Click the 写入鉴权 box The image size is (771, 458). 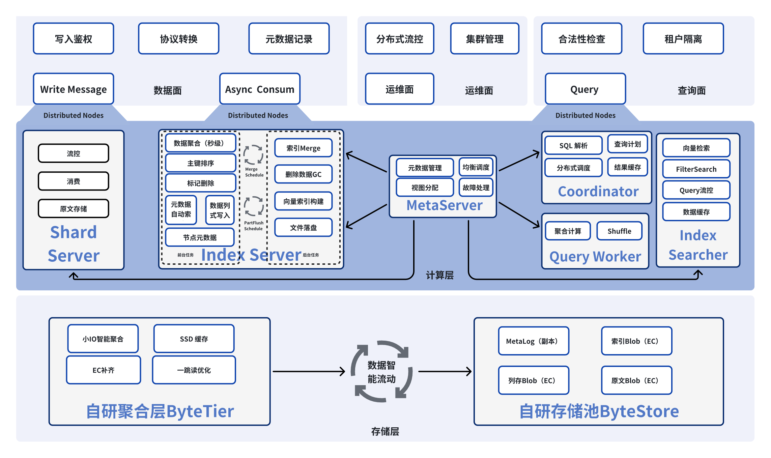point(74,39)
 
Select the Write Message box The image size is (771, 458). point(74,89)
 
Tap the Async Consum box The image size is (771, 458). point(260,89)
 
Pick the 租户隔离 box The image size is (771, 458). point(683,39)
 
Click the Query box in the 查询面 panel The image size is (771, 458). point(585,89)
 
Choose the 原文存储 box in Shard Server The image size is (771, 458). point(74,209)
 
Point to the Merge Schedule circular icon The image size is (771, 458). point(253,155)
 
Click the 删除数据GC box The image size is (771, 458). point(303,174)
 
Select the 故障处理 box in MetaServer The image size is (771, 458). point(476,188)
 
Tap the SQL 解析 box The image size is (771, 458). point(573,145)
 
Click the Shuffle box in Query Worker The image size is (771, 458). point(619,231)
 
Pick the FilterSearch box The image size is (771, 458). point(696,169)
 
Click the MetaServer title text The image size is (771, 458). point(445,205)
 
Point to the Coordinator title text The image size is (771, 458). point(598,192)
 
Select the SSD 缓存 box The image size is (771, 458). point(194,339)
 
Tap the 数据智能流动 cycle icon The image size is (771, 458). point(381,372)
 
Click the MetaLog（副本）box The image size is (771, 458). point(534,341)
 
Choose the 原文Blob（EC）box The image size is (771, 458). point(636,380)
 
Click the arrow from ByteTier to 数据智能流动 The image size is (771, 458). point(309,371)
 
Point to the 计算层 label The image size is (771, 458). point(439,275)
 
